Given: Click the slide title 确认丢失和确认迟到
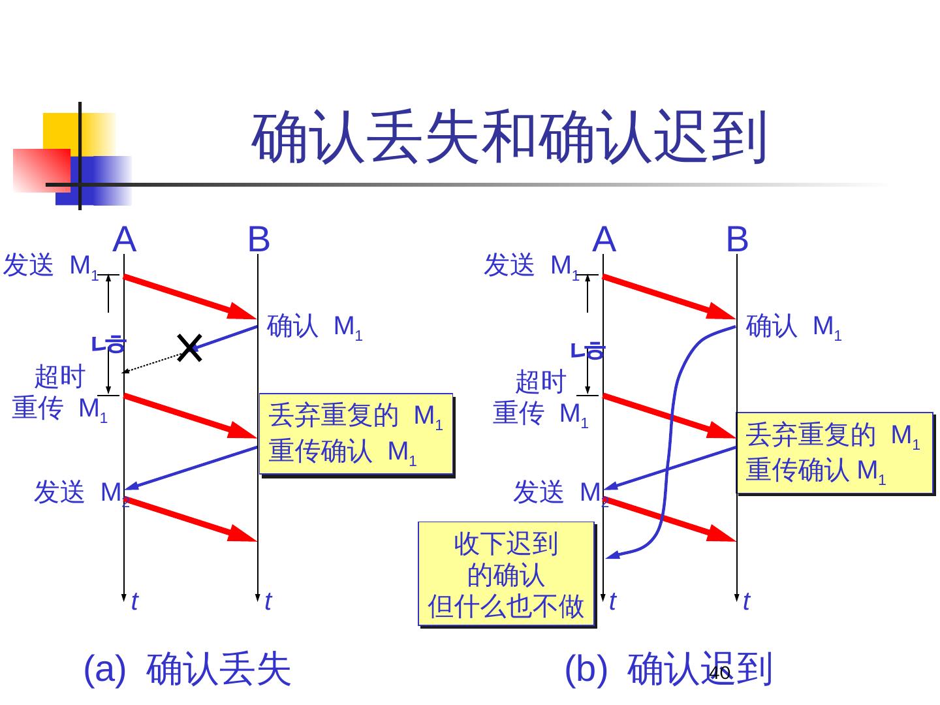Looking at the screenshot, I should click(x=509, y=138).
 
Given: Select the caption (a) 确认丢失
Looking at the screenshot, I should click(x=187, y=668).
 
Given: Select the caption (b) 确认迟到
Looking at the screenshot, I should click(x=668, y=668).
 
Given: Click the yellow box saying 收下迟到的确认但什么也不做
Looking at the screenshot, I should click(x=506, y=574).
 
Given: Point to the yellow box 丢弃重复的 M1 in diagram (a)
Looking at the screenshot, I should click(x=356, y=433).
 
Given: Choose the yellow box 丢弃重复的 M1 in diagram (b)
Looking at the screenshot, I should click(x=834, y=453).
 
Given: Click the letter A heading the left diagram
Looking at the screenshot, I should click(x=124, y=240).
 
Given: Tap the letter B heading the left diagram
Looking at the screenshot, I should click(x=258, y=240).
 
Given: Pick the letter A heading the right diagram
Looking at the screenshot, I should click(x=604, y=240).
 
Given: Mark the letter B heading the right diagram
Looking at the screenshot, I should click(x=737, y=240).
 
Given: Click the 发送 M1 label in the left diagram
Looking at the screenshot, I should click(x=51, y=266).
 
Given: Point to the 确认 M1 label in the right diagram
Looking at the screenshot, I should click(x=793, y=326).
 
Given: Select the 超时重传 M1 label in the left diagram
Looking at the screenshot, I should click(x=59, y=394).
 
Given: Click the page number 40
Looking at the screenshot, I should click(x=719, y=673).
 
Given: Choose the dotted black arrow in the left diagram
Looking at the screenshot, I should click(x=153, y=363).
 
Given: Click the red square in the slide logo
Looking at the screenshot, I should click(x=41, y=170).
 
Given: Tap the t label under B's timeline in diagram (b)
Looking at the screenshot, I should click(x=747, y=601).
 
